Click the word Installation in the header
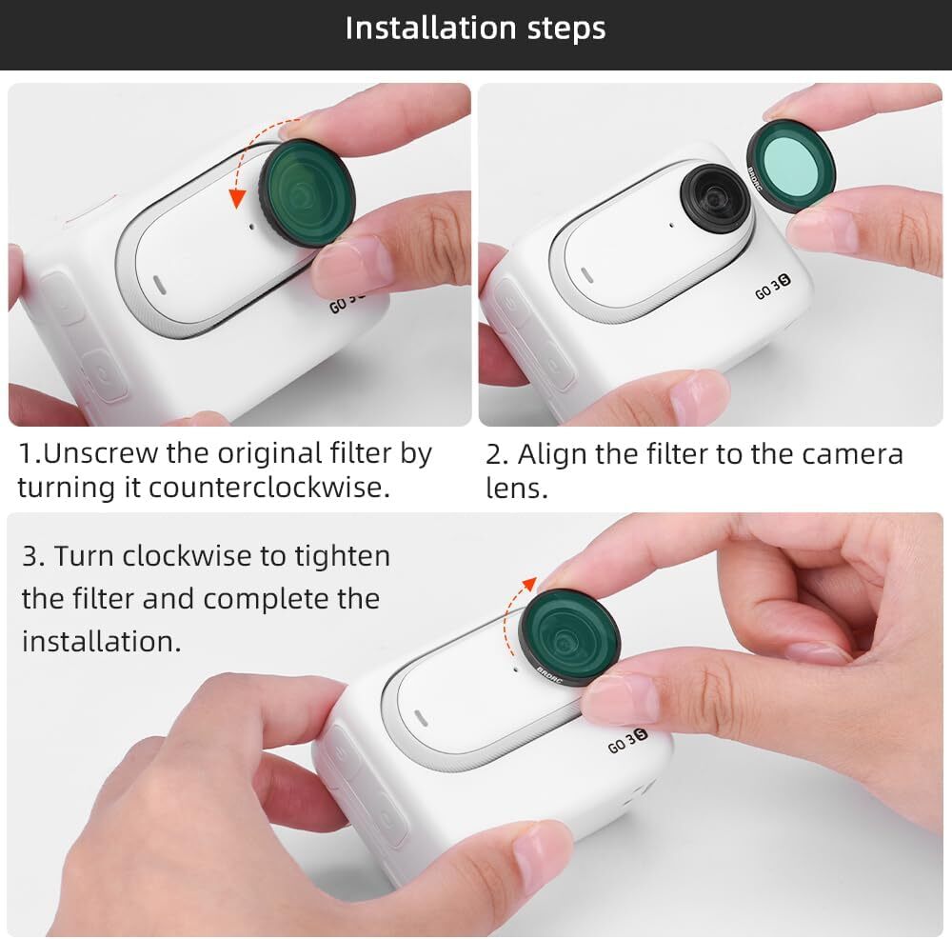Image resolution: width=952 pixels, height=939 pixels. pos(431,28)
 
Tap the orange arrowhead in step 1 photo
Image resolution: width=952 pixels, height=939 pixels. pos(237,198)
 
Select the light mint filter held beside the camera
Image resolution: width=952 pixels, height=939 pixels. pos(791,166)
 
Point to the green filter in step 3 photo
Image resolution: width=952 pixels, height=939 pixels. pos(569,636)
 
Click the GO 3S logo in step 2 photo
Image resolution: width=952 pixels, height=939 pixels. pos(773,288)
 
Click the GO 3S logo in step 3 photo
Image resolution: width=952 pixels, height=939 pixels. pos(627,740)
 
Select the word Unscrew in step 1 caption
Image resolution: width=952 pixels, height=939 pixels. pos(100,453)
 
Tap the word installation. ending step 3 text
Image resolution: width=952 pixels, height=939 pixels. pos(102,641)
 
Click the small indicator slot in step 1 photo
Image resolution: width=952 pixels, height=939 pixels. pos(158,284)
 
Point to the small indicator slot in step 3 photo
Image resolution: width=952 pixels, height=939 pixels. pos(420,717)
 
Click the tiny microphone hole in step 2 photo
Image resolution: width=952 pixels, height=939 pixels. pos(671,226)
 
